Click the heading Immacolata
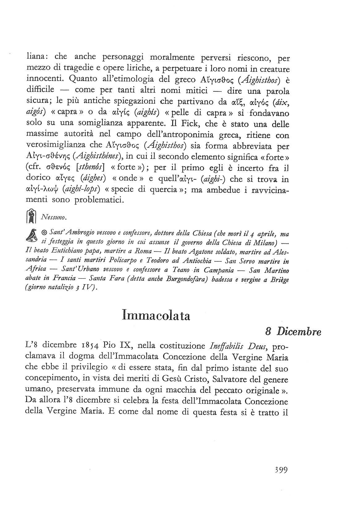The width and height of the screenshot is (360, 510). (x=156, y=316)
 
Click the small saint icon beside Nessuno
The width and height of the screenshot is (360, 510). (x=31, y=216)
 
